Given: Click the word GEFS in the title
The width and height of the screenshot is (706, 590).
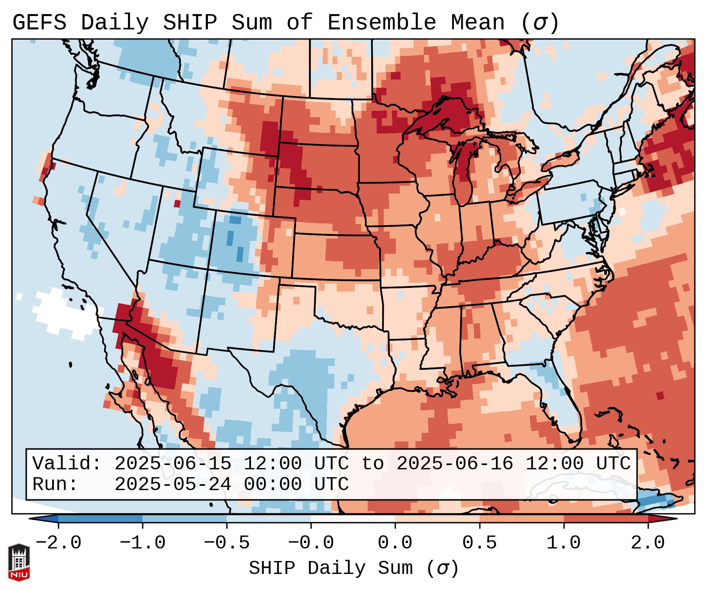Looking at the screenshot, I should tap(39, 23).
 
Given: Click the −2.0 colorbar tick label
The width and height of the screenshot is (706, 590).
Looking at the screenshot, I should tap(58, 543).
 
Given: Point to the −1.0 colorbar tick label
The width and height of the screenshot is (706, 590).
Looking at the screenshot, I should tap(143, 543).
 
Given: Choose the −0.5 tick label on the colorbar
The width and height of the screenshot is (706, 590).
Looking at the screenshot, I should tap(227, 543).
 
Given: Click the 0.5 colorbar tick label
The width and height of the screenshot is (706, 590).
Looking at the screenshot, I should tap(479, 543).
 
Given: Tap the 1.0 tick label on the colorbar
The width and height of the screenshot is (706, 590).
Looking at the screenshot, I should tap(563, 543).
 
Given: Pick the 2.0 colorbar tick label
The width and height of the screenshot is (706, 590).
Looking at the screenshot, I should tap(648, 543).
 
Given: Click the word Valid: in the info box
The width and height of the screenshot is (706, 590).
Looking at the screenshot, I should tap(67, 463).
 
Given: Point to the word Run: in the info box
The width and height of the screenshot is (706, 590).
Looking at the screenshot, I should tap(55, 484).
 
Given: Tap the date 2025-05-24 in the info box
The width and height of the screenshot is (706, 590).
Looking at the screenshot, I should tap(173, 484).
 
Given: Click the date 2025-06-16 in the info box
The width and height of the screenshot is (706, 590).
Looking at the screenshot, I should tap(455, 463).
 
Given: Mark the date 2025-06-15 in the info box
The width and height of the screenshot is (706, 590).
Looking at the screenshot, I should tap(173, 463).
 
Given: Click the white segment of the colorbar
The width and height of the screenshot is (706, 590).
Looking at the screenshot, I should tap(353, 518).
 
